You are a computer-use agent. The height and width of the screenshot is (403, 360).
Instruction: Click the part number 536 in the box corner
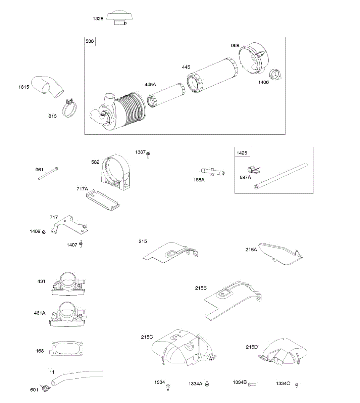90,41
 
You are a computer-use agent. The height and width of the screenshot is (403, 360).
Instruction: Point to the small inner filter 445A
166,95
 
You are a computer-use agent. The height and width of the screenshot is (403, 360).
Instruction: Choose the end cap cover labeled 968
252,58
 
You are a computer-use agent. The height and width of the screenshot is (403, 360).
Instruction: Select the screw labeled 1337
148,154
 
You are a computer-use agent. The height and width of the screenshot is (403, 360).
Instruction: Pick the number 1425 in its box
242,153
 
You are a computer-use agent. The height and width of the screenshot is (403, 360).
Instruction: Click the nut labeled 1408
44,232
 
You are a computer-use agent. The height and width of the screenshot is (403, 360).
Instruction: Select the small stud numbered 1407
81,244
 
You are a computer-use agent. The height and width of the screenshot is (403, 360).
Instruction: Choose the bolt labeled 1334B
252,384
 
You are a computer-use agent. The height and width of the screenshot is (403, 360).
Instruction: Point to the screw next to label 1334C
296,385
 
